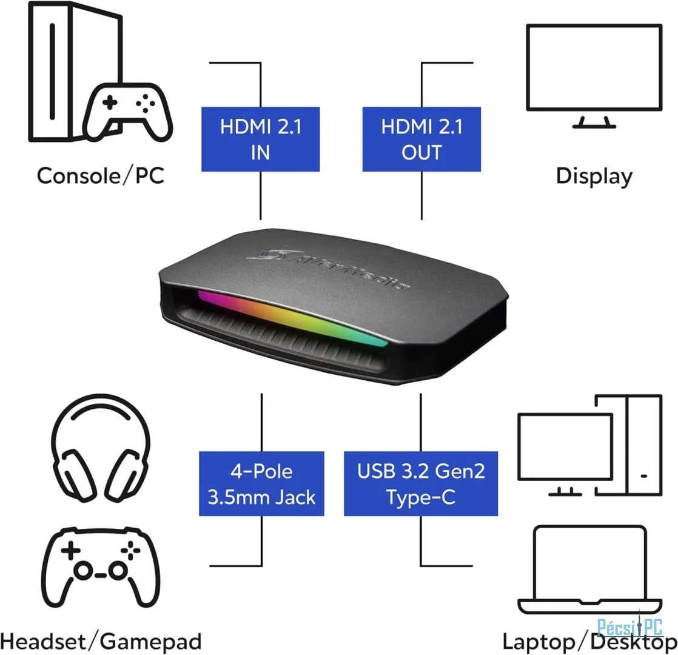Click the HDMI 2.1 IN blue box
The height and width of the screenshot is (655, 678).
(260, 139)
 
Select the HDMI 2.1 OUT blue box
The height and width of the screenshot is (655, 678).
(421, 139)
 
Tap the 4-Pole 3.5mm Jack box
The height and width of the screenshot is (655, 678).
(261, 484)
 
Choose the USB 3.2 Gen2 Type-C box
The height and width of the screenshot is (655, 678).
(421, 484)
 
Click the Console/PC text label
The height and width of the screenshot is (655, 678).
(100, 176)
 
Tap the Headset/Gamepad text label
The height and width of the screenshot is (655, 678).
(101, 642)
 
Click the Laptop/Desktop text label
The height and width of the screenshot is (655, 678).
(590, 642)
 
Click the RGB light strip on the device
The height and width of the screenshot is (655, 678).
(292, 318)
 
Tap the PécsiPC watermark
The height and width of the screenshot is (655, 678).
(629, 627)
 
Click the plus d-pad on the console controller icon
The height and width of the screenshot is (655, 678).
(109, 102)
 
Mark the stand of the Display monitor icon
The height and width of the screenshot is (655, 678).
(594, 123)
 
